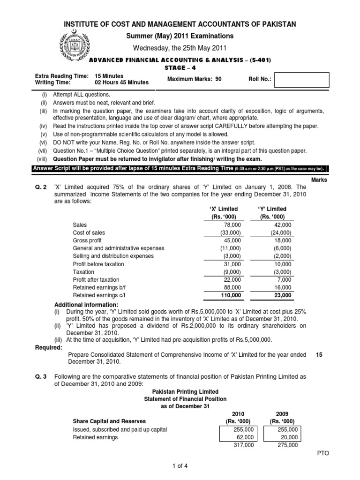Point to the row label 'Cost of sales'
[x=89, y=233]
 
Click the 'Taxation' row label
[x=83, y=272]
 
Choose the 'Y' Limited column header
[x=273, y=209]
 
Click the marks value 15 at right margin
[x=319, y=355]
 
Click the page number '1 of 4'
[x=180, y=465]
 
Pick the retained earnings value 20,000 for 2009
[x=288, y=437]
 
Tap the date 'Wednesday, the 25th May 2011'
[x=180, y=47]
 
